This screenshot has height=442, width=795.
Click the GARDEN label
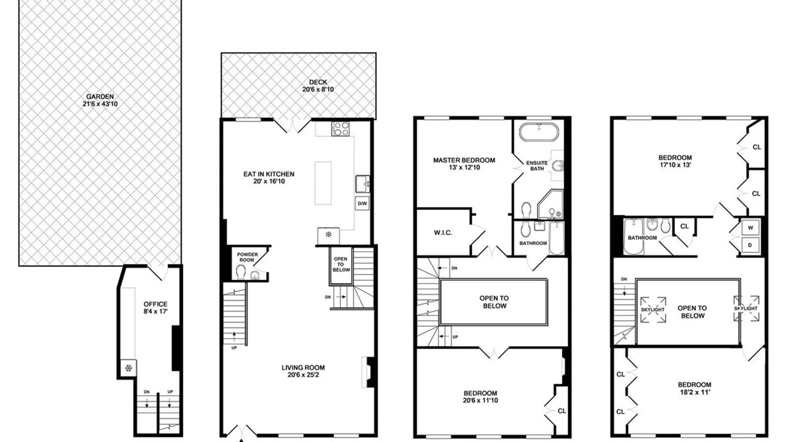tap(100, 96)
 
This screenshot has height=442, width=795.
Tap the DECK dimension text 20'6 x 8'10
tap(318, 89)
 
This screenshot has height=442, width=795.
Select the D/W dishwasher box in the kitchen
tap(362, 203)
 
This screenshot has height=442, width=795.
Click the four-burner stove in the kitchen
tap(341, 129)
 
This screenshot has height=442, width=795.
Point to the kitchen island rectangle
tap(323, 183)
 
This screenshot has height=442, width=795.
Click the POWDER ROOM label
tap(247, 257)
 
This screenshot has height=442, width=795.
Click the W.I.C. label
tap(443, 233)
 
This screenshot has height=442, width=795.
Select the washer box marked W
tap(750, 228)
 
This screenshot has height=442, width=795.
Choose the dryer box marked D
tap(750, 245)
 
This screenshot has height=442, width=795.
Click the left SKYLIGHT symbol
tap(653, 309)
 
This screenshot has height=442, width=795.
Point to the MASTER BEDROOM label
tap(464, 160)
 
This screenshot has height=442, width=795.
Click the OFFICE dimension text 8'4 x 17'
tap(155, 311)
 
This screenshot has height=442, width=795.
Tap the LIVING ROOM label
tap(303, 367)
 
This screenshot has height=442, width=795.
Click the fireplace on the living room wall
tap(368, 372)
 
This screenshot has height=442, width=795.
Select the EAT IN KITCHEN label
tap(269, 174)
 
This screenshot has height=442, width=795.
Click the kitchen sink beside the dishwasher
tap(363, 184)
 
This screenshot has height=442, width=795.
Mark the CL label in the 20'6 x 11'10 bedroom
tap(562, 411)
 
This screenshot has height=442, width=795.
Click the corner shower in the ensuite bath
tap(550, 204)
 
